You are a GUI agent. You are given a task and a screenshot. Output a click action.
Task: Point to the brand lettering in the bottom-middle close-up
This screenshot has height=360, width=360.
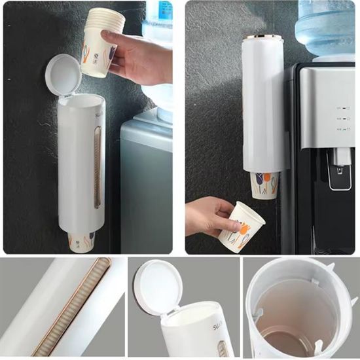(218, 325)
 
